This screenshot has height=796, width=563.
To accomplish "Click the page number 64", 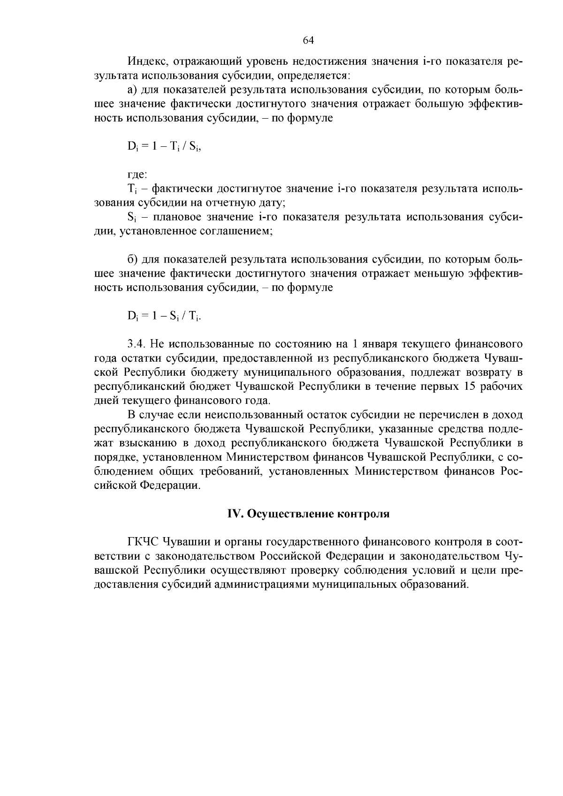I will coord(308,40).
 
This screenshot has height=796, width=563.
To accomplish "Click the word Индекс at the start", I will coord(144,61).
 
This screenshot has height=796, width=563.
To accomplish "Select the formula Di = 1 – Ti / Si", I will coord(164,146).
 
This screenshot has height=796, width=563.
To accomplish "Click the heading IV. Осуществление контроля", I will coord(308,514).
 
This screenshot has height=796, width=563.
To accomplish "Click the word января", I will coord(378,344).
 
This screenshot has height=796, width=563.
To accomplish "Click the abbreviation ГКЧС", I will coord(143,542).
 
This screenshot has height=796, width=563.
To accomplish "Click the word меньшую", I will coord(437,273).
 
